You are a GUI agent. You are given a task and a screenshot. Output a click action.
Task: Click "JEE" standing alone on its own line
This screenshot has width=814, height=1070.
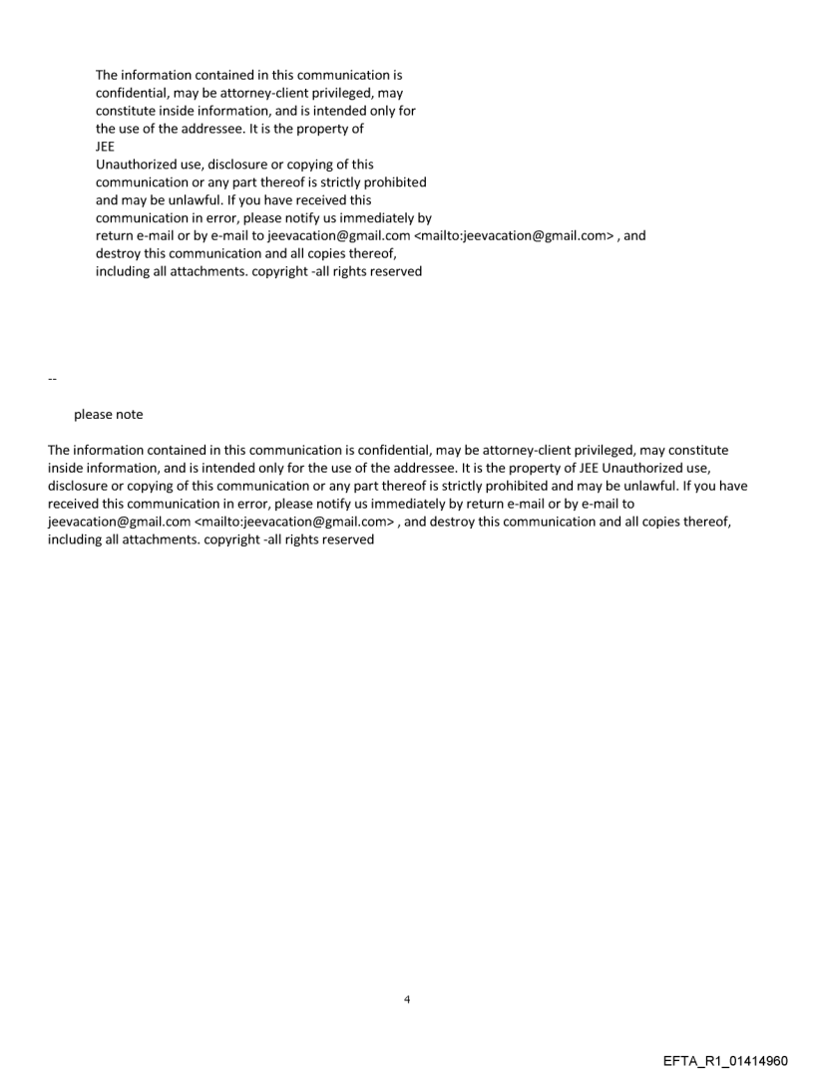click(105, 147)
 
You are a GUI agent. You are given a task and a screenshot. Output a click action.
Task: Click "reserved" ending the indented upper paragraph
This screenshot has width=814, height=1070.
click(396, 271)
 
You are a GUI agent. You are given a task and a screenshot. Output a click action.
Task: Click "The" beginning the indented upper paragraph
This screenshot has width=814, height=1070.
click(107, 75)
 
